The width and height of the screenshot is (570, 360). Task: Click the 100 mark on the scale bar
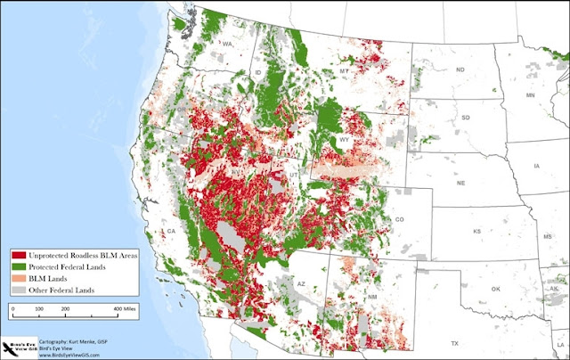click(x=39, y=307)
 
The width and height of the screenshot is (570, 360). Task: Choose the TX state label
click(x=453, y=343)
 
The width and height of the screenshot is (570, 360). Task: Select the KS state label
click(x=477, y=231)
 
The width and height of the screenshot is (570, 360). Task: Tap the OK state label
click(x=495, y=289)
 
